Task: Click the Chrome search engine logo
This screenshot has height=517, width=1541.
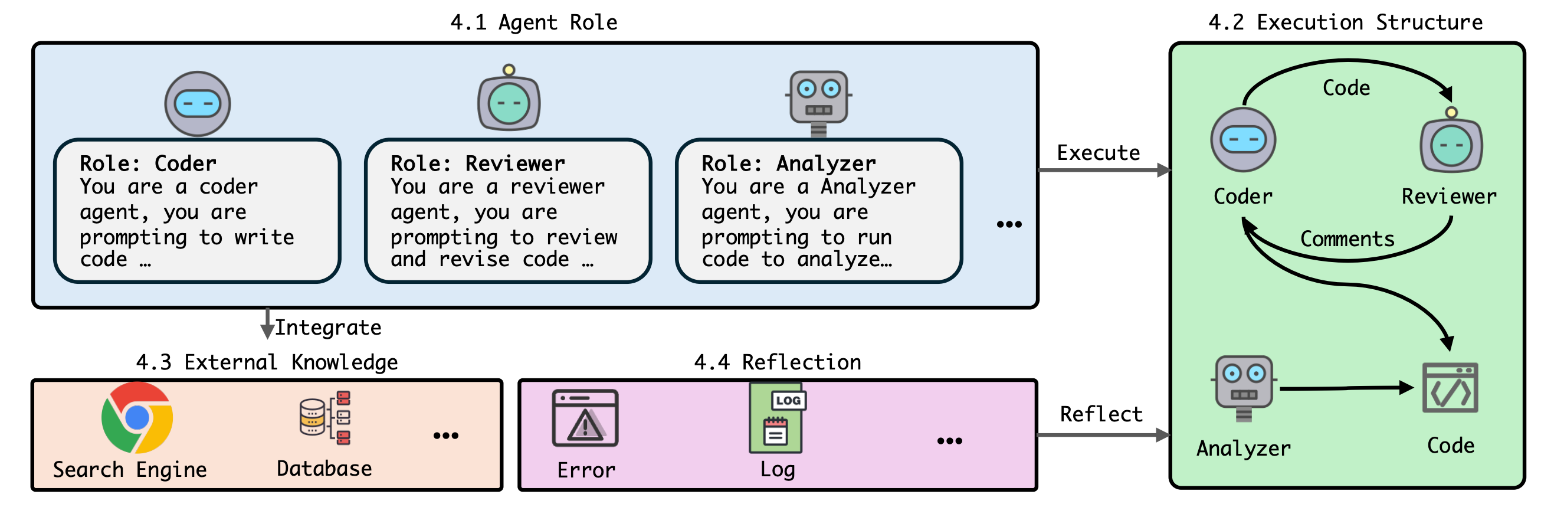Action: click(137, 418)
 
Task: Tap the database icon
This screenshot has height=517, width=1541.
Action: click(325, 418)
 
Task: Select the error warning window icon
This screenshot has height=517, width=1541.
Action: click(585, 418)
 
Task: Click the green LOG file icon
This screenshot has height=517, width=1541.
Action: click(777, 418)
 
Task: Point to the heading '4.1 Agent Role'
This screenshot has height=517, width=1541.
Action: click(533, 22)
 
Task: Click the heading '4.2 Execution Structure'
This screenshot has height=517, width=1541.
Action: click(1345, 22)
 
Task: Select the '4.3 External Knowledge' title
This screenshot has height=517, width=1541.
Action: click(267, 362)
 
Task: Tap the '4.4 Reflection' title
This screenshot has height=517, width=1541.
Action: click(777, 362)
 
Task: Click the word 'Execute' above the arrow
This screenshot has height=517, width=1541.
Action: click(1099, 153)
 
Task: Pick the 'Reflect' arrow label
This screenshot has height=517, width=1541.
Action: click(1101, 414)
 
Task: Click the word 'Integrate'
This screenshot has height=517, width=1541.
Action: click(328, 328)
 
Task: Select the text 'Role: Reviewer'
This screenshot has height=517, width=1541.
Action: click(477, 163)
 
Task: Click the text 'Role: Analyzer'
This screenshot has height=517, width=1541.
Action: click(788, 163)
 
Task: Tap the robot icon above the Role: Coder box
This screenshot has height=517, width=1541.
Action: click(198, 103)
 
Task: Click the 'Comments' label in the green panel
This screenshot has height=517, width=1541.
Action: click(1347, 239)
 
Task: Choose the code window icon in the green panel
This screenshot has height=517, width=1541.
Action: click(1450, 388)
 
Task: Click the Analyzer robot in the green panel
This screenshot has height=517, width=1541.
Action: click(1244, 388)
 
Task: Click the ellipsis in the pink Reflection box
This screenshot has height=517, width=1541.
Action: click(949, 441)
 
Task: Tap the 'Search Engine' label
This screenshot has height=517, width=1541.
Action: click(130, 470)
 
